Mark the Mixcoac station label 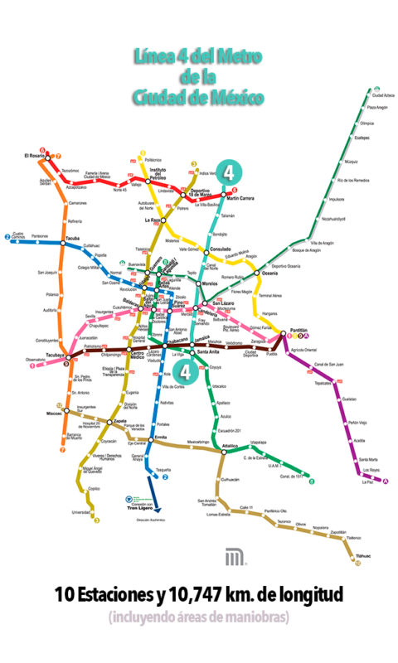[x=56, y=411]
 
